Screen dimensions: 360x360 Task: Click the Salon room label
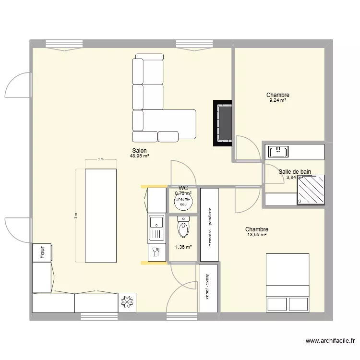coord(139,150)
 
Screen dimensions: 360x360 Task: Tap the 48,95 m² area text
coord(139,156)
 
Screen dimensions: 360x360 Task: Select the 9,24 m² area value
coord(277,101)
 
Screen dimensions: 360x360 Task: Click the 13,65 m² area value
coord(256,235)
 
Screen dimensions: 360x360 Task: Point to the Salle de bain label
coord(295,171)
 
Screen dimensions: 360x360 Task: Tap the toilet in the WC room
coord(183,228)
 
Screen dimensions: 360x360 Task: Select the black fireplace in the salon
coord(223,123)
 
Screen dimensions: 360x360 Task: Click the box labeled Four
coord(42,252)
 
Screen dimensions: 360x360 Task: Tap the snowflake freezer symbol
coord(128,302)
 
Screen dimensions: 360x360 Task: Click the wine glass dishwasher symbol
coord(156,252)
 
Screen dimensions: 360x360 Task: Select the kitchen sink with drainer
coord(156,228)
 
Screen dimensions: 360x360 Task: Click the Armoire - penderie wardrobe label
coord(209,228)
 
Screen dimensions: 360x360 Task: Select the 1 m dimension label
coord(100,159)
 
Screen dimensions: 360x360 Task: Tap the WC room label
coord(183,188)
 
